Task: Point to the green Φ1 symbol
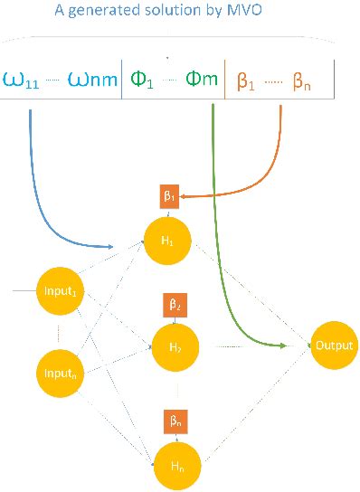coord(142,78)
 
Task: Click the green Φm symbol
coord(203,78)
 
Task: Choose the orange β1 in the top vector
coord(246,80)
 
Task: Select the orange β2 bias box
coord(175,304)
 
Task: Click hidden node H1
coord(167,241)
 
